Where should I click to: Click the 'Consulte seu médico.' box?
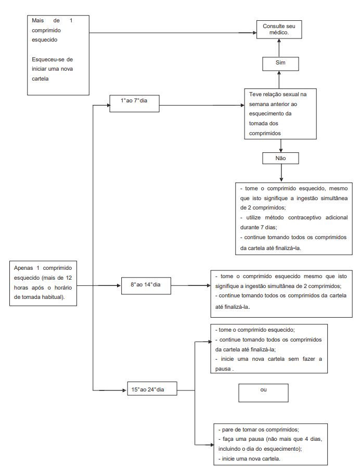(279, 30)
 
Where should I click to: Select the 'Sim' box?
(280, 63)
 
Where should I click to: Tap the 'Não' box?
(280, 159)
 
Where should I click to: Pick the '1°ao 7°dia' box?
(134, 103)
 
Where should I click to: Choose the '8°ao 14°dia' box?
(146, 285)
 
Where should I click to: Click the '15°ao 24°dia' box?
(152, 388)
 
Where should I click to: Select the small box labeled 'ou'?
(263, 393)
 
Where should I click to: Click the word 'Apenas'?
(23, 268)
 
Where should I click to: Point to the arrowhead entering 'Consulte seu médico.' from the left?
(254, 33)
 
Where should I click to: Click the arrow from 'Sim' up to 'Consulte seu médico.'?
(279, 48)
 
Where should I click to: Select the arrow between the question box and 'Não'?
(281, 146)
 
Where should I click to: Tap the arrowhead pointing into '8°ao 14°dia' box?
(119, 285)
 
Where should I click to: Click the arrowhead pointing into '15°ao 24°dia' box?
(125, 390)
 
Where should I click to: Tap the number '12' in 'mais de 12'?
(69, 278)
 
